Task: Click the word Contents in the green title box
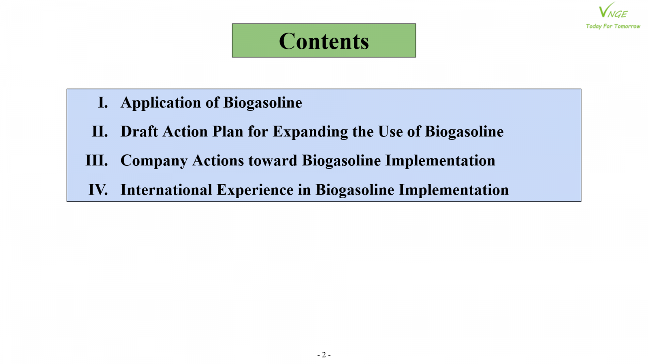point(324,41)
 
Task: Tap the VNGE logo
point(613,11)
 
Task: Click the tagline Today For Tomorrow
point(613,26)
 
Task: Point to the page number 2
point(324,354)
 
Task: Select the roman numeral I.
point(103,103)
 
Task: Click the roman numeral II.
point(100,131)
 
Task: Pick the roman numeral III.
point(97,160)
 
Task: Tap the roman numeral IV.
point(98,190)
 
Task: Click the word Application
point(161,104)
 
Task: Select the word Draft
point(139,131)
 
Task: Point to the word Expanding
point(310,132)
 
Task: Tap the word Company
point(154,161)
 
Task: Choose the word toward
point(273,161)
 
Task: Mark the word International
point(166,190)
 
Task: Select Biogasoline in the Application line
point(263,104)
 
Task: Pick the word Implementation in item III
point(440,161)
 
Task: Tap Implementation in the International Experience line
point(454,190)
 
